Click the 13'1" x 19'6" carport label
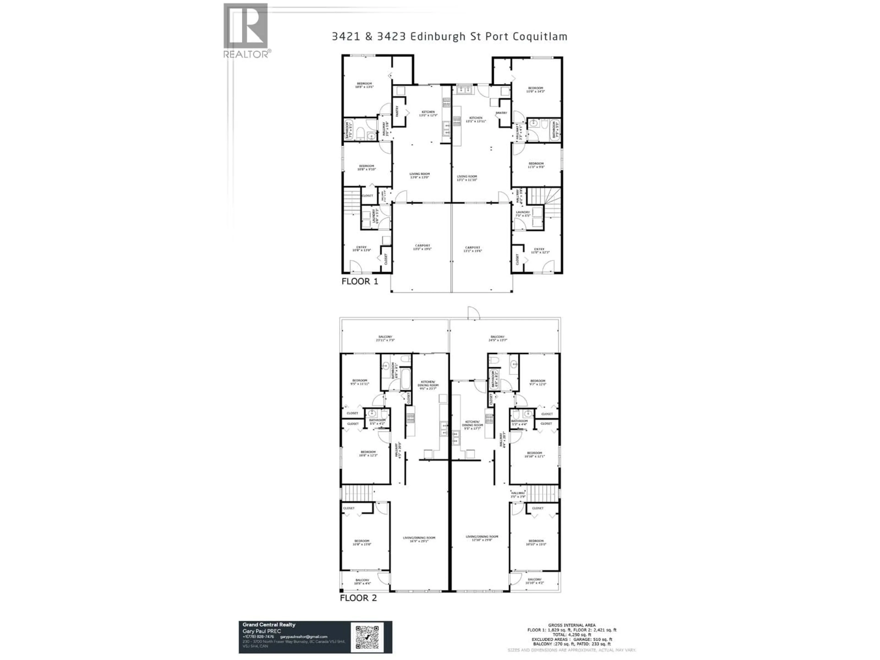point(473,249)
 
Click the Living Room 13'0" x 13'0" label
point(420,176)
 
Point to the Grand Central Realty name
point(269,624)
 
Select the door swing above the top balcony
point(473,313)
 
